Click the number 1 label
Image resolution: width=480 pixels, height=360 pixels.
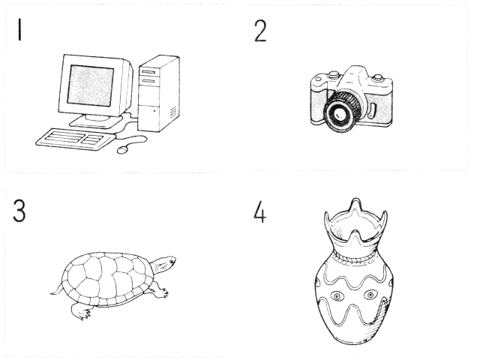[19, 29]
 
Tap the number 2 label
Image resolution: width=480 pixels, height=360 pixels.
[260, 31]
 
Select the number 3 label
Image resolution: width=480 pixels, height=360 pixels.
[19, 211]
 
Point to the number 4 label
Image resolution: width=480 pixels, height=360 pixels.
[259, 211]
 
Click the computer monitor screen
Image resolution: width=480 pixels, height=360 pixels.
[91, 85]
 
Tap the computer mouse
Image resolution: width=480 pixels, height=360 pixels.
[122, 150]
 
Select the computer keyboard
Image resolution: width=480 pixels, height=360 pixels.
[75, 139]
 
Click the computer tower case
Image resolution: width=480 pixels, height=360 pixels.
[158, 93]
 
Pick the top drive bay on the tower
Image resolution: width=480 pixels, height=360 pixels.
[148, 72]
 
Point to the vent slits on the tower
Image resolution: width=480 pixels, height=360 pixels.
[173, 112]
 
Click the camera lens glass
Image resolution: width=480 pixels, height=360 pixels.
[339, 115]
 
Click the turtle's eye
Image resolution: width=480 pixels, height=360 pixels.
[171, 261]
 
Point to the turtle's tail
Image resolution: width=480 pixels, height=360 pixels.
[56, 290]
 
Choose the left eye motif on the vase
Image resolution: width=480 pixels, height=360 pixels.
[337, 296]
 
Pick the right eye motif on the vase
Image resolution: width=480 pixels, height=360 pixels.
[370, 295]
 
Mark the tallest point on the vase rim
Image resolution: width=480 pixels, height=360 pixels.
[355, 199]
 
